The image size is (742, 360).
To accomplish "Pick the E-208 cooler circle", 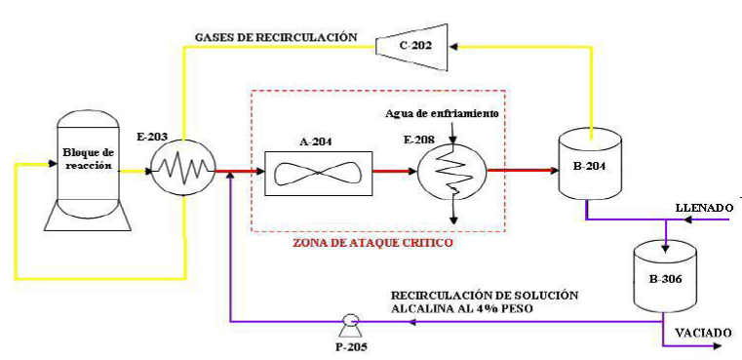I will (x=450, y=170).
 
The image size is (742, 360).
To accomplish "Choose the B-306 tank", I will (x=664, y=274).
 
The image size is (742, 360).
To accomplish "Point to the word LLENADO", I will (x=703, y=208).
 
